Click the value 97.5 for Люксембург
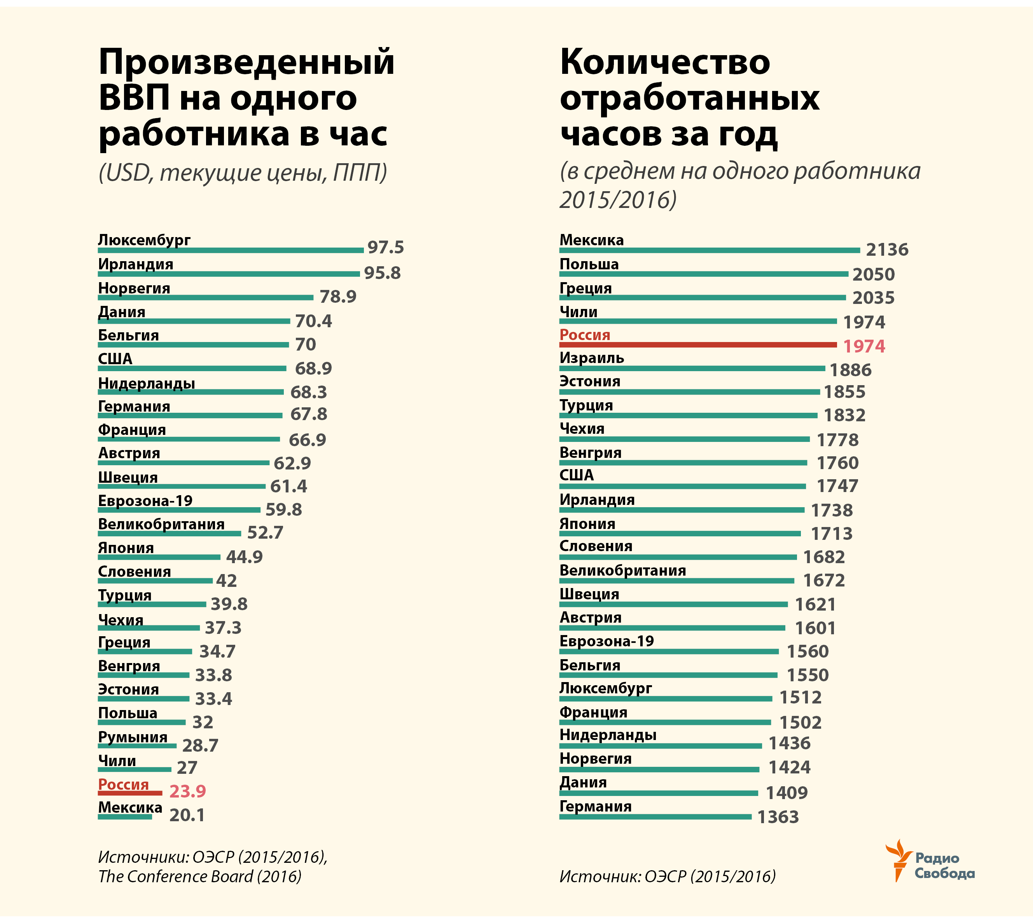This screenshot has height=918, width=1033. point(385,248)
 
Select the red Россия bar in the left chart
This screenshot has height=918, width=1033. point(130,793)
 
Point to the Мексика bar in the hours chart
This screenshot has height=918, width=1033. point(709,250)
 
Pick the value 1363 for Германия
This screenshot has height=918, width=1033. point(778,817)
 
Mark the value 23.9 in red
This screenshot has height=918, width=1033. point(187,791)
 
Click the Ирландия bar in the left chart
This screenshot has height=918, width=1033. point(229,274)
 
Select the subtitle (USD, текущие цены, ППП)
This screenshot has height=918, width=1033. point(243,173)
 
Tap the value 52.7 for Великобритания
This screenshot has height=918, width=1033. point(265,532)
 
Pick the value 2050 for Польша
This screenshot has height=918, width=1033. point(873,274)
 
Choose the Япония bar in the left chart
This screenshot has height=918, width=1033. point(159,557)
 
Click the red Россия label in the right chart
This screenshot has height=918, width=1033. point(585,335)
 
